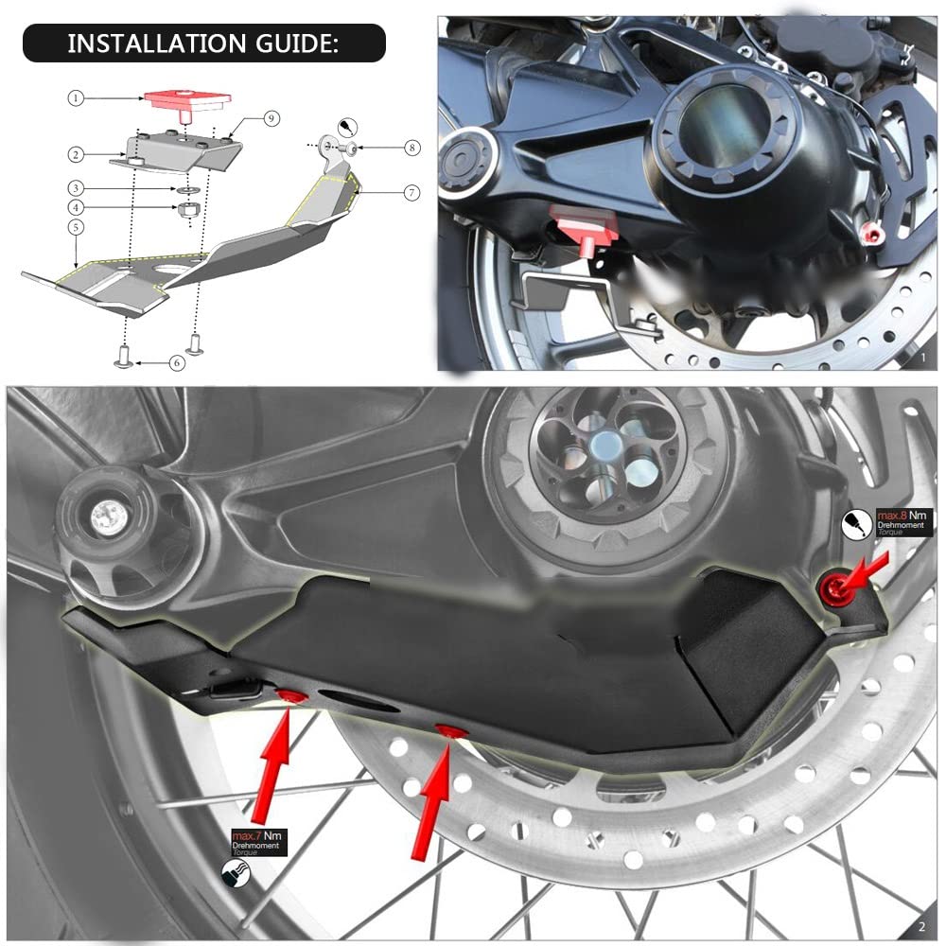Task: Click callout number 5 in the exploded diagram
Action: [75, 227]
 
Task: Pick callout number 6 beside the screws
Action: [177, 362]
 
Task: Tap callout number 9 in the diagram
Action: [271, 118]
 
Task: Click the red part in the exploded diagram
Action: [185, 100]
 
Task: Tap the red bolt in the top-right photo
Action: [871, 234]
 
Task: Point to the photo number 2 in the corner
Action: [922, 926]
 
